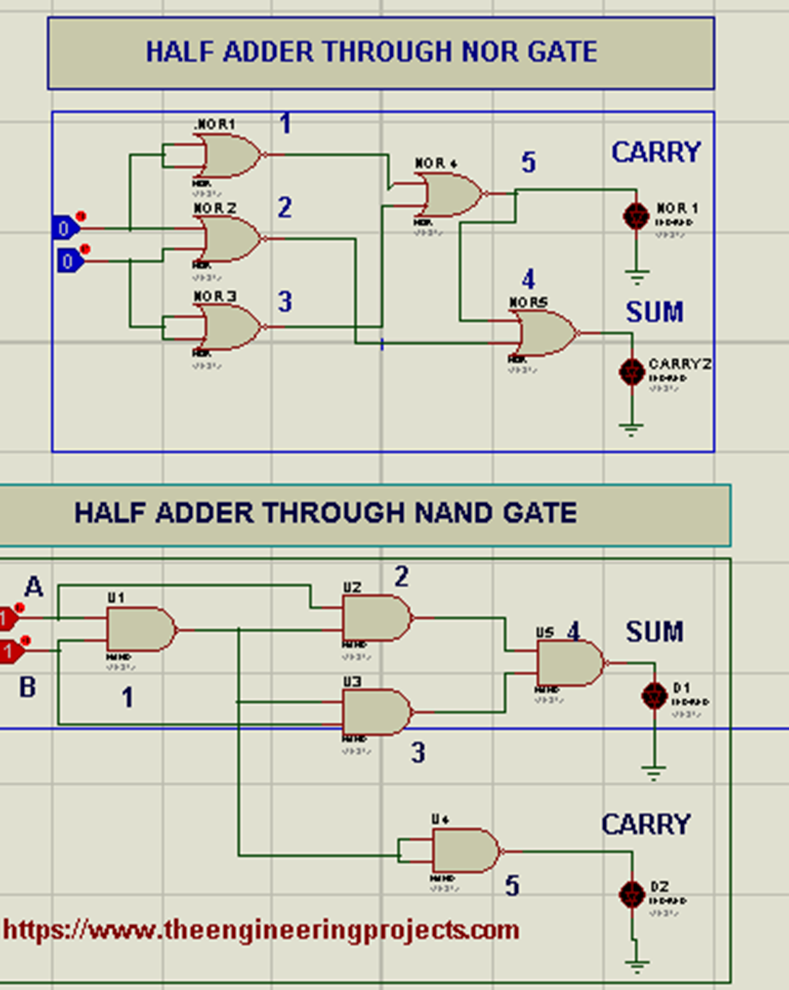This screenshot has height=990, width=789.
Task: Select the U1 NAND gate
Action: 139,629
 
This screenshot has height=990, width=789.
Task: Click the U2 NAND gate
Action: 376,618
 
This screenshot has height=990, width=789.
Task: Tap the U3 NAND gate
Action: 376,712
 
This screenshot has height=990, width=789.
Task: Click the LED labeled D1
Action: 654,696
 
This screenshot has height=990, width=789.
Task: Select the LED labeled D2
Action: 633,894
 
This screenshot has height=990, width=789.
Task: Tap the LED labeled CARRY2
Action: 632,372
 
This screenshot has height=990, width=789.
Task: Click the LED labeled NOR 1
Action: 636,216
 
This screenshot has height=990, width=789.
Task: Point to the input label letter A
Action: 34,587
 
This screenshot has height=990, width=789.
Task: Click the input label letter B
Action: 28,686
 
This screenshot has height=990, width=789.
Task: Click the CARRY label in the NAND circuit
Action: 646,824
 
